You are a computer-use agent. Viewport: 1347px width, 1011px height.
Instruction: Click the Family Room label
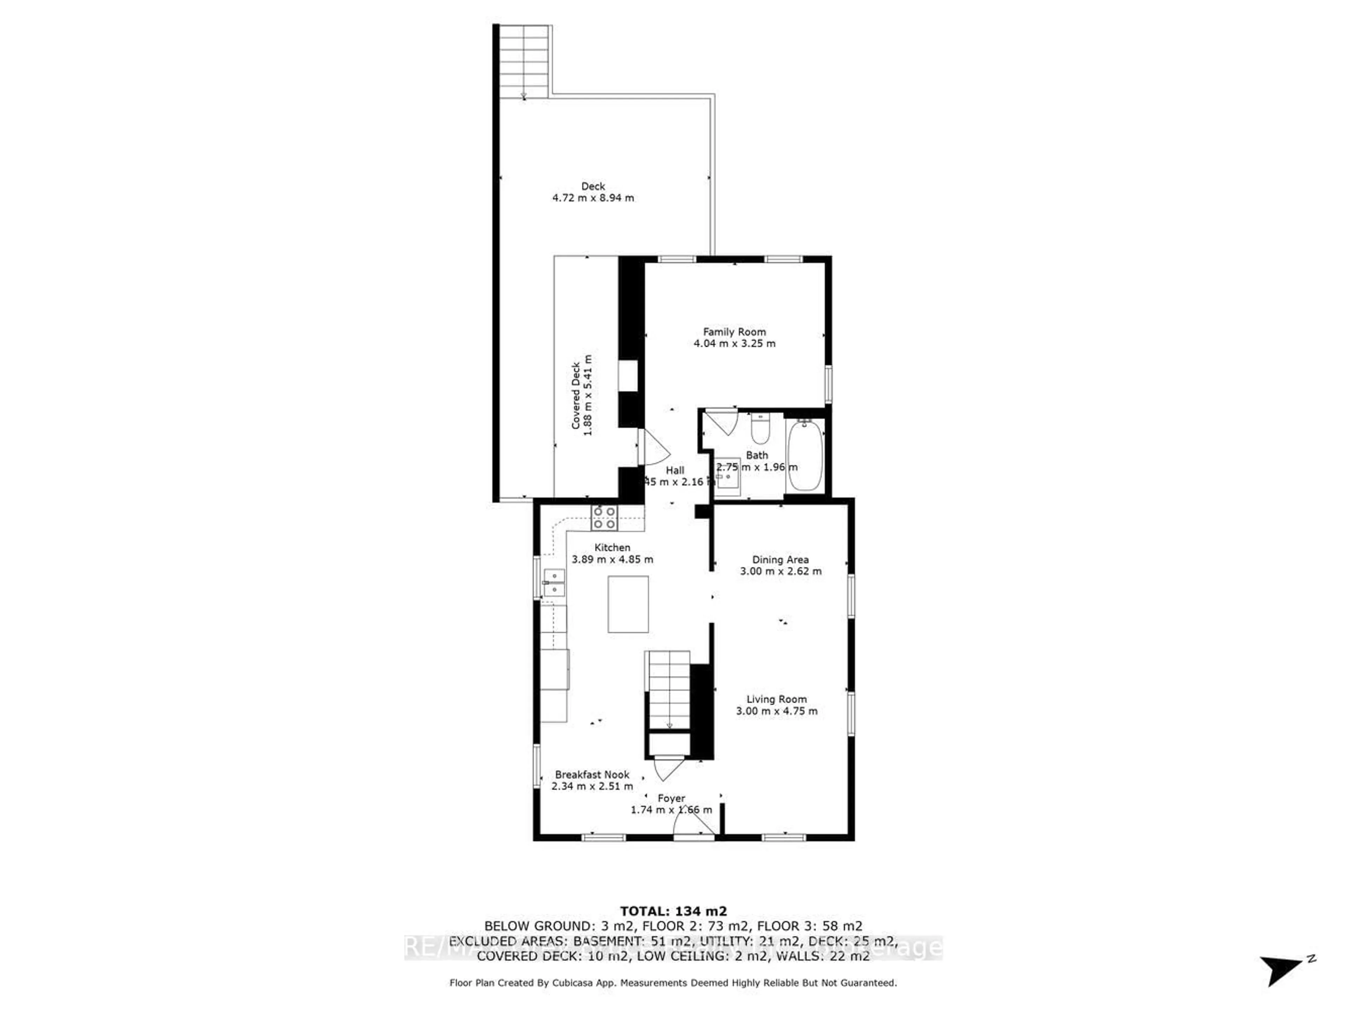click(x=735, y=332)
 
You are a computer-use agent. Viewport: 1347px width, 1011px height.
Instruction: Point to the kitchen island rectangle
click(x=628, y=604)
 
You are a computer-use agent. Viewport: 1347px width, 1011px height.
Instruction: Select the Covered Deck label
click(x=576, y=396)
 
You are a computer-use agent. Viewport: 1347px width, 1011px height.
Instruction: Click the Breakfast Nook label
click(x=592, y=775)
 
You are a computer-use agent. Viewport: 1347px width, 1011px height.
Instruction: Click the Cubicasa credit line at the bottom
click(x=673, y=982)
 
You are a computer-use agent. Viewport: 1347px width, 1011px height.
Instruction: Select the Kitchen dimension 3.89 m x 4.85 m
click(x=612, y=559)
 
